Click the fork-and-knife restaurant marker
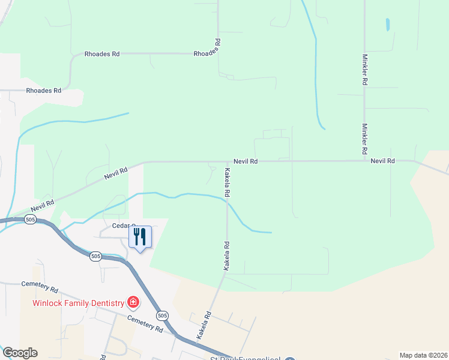point(140,237)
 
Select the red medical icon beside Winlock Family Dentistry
point(133,302)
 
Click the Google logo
point(20,353)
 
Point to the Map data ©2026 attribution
point(423,355)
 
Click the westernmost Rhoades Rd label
point(44,91)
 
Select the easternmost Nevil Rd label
point(382,161)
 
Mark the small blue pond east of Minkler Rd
point(388,25)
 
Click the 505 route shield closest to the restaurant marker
point(95,256)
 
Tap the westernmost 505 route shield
point(30,220)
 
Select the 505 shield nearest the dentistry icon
point(161,315)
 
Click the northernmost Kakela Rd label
point(228,182)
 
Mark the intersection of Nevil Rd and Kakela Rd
point(227,161)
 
